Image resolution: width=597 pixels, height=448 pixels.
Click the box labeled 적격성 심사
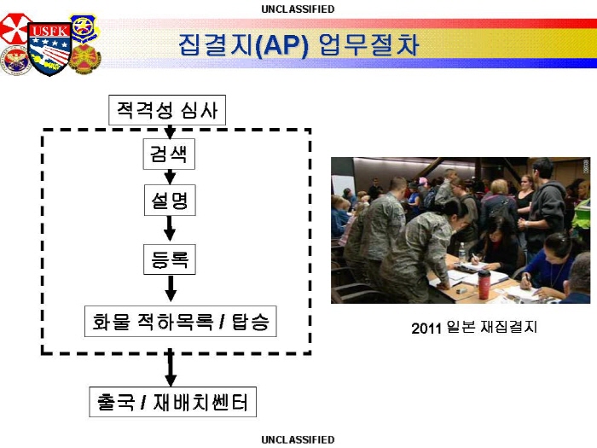[168, 110]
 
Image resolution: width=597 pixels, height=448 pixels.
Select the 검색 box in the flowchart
[169, 154]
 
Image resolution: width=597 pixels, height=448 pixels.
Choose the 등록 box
[169, 259]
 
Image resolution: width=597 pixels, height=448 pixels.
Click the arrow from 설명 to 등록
[170, 229]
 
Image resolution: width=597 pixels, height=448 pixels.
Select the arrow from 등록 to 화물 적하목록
[170, 288]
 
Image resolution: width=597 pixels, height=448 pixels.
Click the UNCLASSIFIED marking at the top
[298, 9]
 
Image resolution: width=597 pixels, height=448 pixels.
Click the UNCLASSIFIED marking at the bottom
[298, 440]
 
